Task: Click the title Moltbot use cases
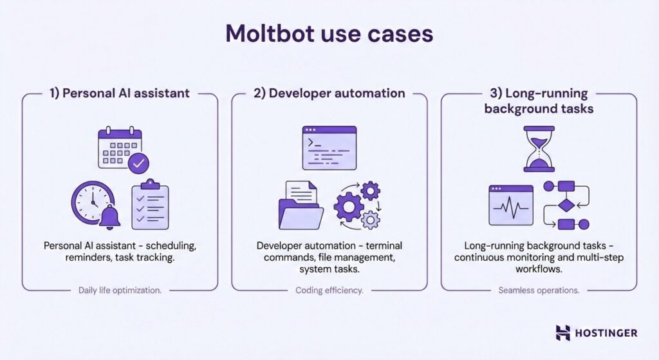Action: [329, 34]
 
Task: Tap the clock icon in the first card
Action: [91, 202]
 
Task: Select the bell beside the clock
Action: [110, 218]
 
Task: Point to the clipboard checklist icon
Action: [150, 205]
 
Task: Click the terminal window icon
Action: [329, 147]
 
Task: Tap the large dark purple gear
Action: [349, 207]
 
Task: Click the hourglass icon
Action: [539, 149]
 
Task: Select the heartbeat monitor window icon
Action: [511, 204]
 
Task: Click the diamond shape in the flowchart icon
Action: [566, 206]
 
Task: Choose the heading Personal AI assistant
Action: [120, 93]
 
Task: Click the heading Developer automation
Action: [329, 93]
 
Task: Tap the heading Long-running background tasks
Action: [539, 101]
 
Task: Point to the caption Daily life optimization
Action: [120, 290]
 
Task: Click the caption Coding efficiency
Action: [329, 290]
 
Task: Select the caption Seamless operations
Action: [539, 290]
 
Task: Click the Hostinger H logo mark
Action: [563, 332]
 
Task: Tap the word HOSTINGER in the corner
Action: [607, 333]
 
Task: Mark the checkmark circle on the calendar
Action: [138, 164]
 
